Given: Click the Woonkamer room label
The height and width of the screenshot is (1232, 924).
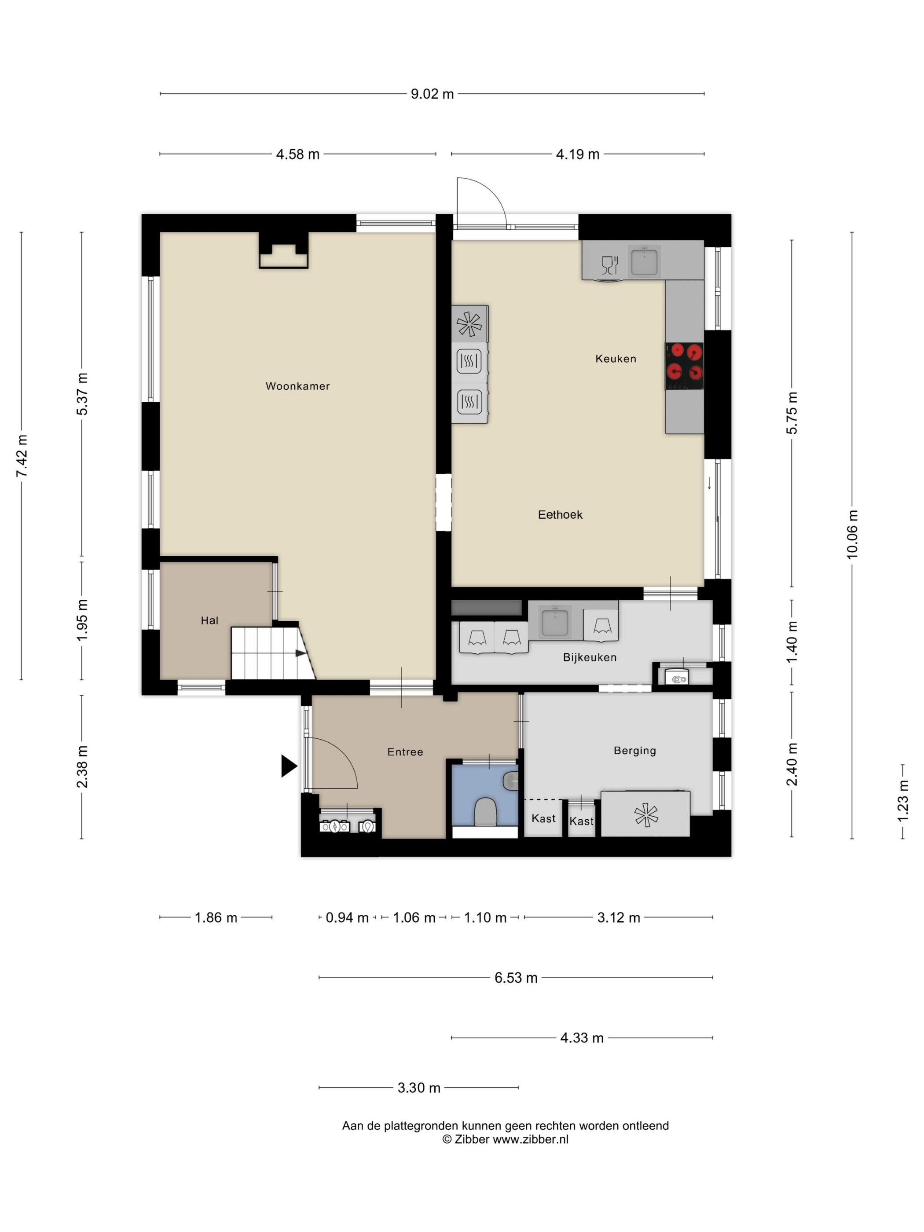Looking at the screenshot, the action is [297, 386].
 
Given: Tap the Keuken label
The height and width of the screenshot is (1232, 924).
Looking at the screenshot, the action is [616, 359].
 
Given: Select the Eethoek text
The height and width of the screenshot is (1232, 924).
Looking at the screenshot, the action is [560, 515].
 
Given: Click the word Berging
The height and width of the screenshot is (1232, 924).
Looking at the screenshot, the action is [634, 751].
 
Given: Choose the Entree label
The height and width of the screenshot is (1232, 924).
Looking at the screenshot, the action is [405, 752].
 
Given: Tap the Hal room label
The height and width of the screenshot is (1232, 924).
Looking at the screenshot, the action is [209, 620].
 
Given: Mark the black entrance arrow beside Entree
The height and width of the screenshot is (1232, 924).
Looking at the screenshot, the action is [289, 766].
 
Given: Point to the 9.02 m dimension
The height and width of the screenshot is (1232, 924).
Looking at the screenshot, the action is [432, 94].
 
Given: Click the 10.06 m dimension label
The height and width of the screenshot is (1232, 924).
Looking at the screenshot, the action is [851, 534].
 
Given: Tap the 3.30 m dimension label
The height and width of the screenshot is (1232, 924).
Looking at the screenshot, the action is [419, 1088].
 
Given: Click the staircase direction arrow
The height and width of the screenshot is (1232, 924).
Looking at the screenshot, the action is [301, 653].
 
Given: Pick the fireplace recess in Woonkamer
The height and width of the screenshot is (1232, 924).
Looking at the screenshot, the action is [283, 251].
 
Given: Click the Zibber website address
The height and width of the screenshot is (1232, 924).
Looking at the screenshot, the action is [531, 1139].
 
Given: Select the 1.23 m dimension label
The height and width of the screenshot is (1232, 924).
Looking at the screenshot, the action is [903, 801].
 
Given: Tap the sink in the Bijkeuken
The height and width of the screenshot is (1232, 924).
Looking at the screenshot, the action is [555, 622].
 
